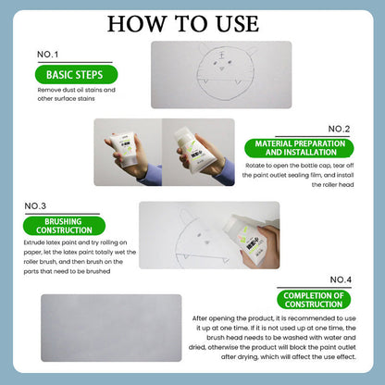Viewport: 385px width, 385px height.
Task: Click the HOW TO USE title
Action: (192, 21)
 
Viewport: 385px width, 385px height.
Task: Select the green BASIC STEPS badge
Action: (75, 75)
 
